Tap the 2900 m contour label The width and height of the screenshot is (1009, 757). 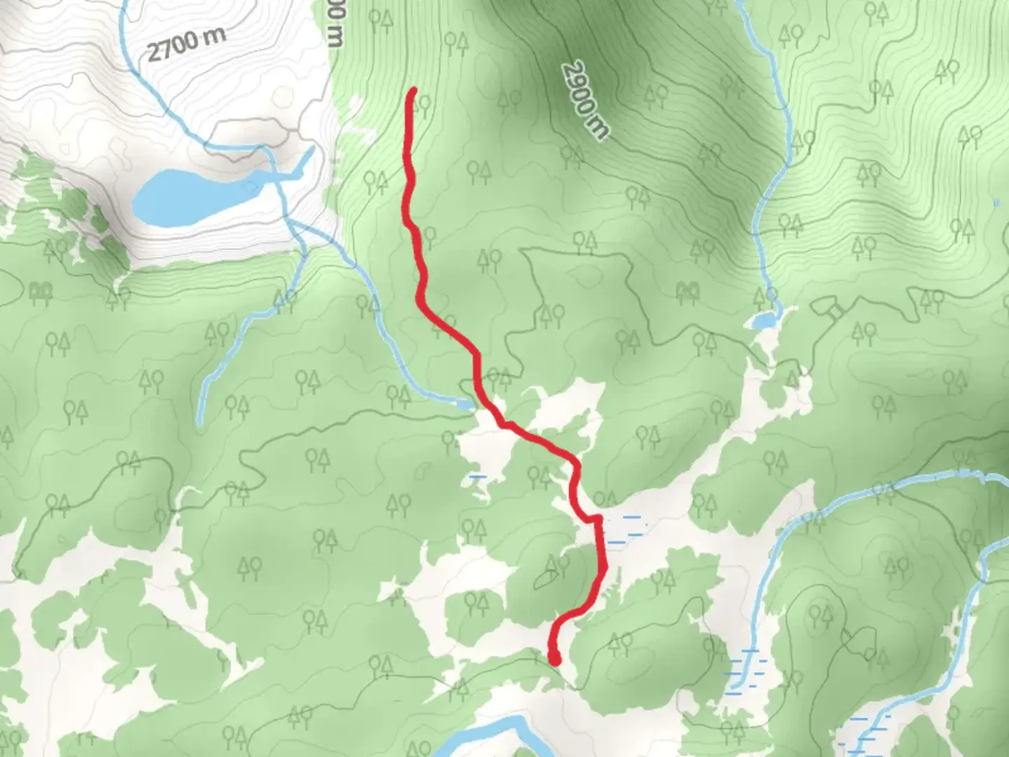click(585, 100)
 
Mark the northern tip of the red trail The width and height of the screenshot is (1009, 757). click(413, 91)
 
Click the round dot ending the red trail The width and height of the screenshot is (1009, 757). click(555, 659)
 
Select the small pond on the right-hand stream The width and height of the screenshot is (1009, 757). click(762, 320)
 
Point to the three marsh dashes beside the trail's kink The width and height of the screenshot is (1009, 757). click(624, 530)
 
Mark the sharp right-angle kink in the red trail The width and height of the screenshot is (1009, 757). click(598, 519)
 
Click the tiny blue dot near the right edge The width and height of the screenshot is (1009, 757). click(996, 204)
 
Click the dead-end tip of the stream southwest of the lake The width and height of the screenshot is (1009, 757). click(200, 421)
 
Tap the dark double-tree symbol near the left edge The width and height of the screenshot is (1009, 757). click(40, 289)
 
